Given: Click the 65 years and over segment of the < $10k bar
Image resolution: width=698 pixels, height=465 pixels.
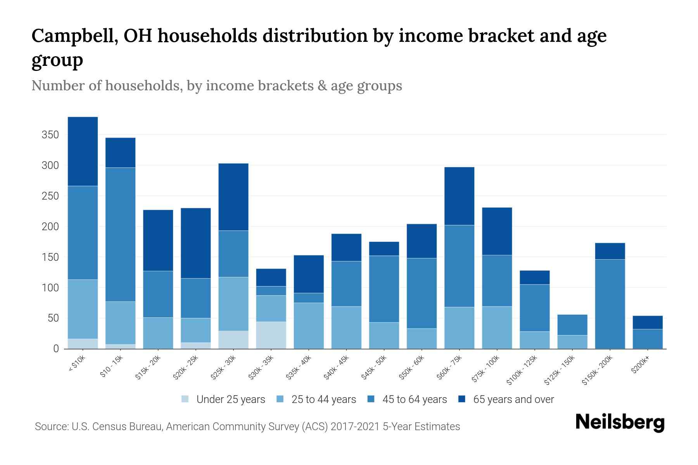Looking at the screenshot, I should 83,151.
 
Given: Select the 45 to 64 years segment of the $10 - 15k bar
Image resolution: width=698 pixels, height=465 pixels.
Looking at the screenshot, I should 120,234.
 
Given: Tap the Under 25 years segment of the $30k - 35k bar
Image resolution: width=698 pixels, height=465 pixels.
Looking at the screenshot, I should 271,335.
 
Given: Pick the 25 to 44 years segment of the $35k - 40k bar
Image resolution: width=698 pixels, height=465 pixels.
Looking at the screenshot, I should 308,325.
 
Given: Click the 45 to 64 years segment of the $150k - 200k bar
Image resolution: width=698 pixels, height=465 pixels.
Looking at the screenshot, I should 610,304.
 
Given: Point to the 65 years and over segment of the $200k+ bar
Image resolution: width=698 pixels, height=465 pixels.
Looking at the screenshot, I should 647,322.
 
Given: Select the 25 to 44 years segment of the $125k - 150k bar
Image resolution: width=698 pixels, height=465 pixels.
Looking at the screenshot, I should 572,342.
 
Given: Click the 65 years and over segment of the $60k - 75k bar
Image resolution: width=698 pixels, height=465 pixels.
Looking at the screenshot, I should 459,196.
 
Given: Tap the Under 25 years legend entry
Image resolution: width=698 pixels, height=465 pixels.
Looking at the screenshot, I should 223,400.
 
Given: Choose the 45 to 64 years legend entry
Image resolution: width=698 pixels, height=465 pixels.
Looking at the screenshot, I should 407,400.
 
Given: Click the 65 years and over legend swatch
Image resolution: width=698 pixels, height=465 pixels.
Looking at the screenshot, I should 462,399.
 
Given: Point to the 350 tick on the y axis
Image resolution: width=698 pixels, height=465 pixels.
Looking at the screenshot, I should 50,135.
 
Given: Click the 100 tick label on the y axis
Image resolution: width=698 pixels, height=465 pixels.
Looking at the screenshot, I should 50,288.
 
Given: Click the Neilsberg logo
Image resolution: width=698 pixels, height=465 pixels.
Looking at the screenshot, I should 620,422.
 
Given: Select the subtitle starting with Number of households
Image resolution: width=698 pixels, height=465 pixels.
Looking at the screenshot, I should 216,86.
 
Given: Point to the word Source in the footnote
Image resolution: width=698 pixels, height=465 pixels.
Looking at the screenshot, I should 51,427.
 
